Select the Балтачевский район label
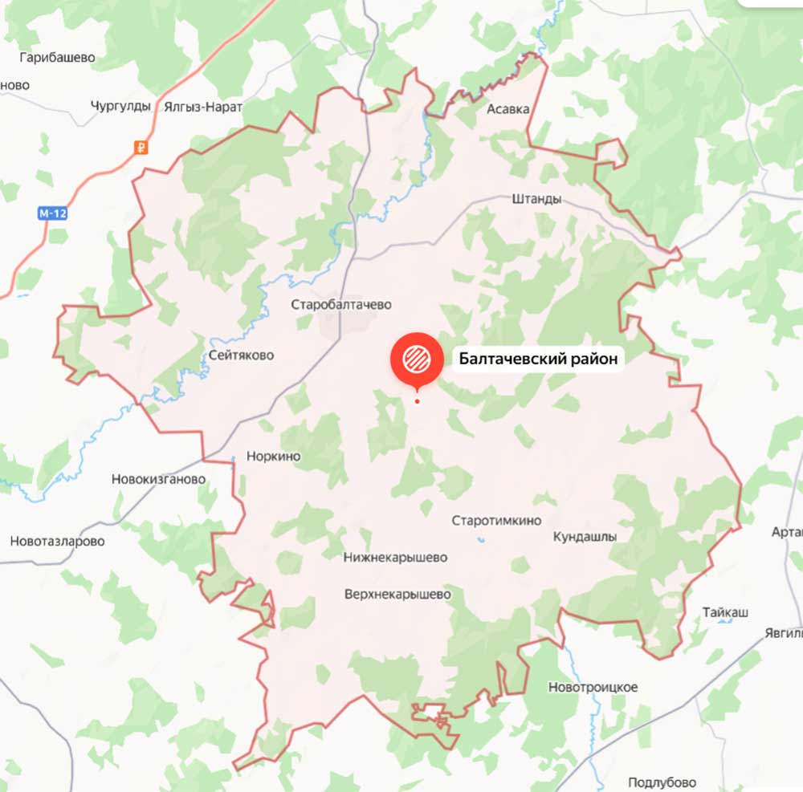pyautogui.click(x=538, y=359)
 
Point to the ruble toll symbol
pyautogui.click(x=141, y=147)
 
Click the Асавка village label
pyautogui.click(x=508, y=109)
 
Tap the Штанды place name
pyautogui.click(x=536, y=199)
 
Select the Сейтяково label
pyautogui.click(x=240, y=355)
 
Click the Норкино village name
pyautogui.click(x=273, y=457)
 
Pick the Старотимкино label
pyautogui.click(x=496, y=520)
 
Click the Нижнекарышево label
pyautogui.click(x=395, y=557)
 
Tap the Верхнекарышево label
pyautogui.click(x=397, y=595)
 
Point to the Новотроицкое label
pyautogui.click(x=593, y=687)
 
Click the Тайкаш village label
pyautogui.click(x=725, y=612)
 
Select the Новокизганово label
pyautogui.click(x=158, y=479)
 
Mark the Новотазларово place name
pyautogui.click(x=57, y=541)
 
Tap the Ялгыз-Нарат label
pyautogui.click(x=202, y=106)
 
